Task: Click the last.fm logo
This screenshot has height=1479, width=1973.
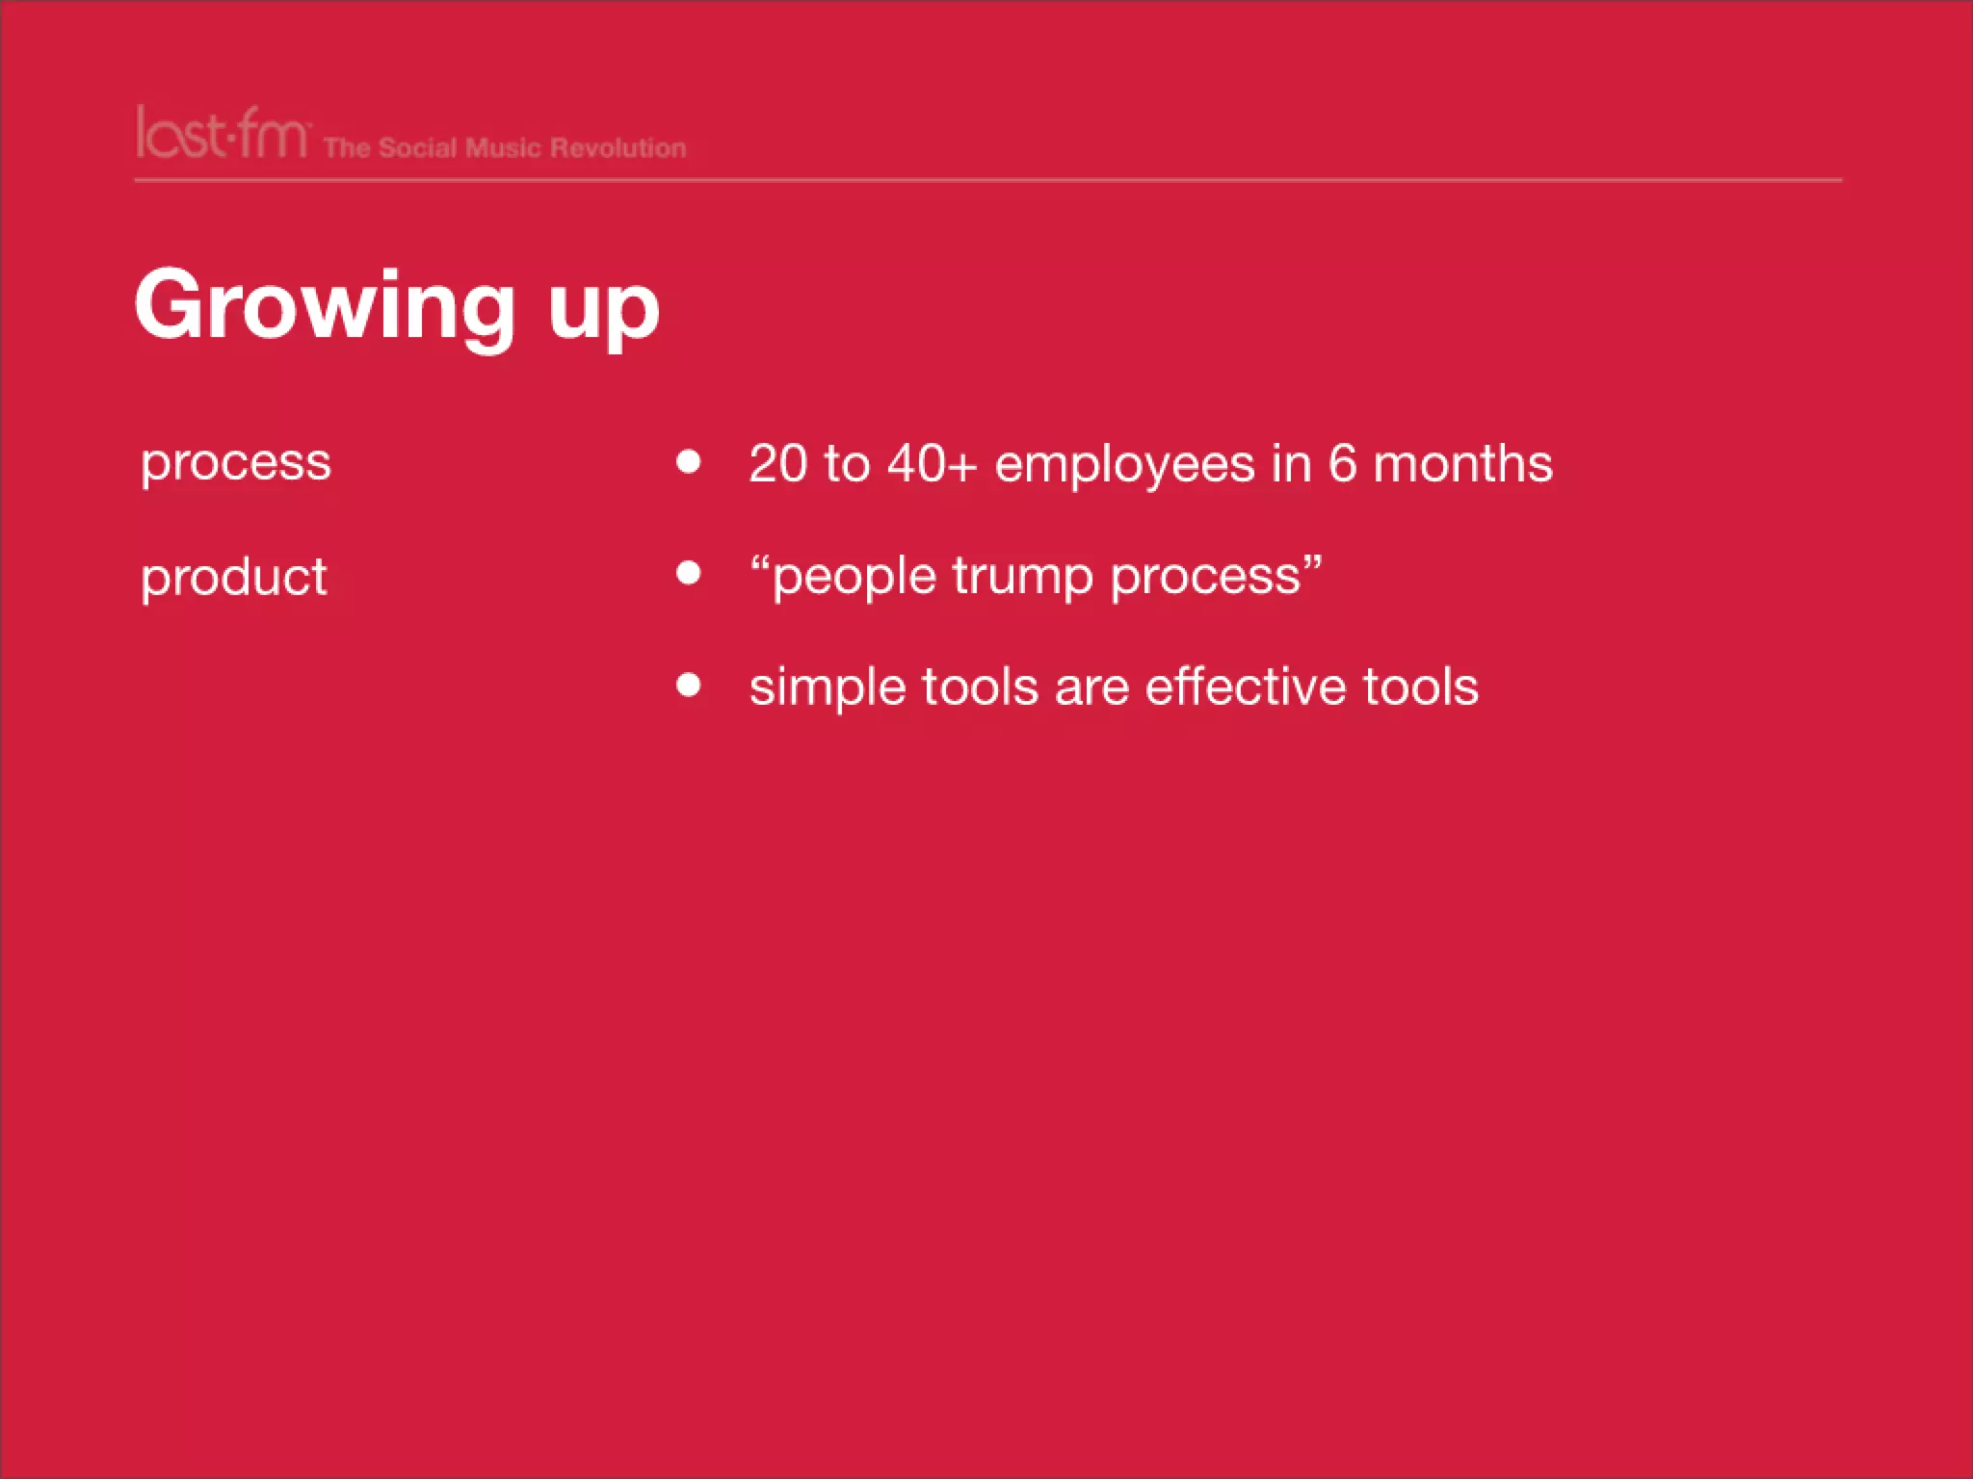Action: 222,134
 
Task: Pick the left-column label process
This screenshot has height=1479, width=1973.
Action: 236,463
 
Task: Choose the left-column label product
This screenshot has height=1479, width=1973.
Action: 234,578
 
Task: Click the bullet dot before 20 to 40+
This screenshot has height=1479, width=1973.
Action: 688,461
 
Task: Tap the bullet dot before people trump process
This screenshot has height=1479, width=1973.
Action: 688,573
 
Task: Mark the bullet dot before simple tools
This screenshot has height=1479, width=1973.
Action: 688,685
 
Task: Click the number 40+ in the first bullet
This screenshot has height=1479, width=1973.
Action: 932,463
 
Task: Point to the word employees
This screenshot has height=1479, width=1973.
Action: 1124,465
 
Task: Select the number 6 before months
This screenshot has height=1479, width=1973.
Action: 1343,463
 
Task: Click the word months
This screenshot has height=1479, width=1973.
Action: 1462,463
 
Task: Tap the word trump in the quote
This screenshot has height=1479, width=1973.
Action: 1022,577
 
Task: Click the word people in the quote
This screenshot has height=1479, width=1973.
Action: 854,577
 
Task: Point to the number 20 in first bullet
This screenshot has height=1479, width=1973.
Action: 777,463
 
